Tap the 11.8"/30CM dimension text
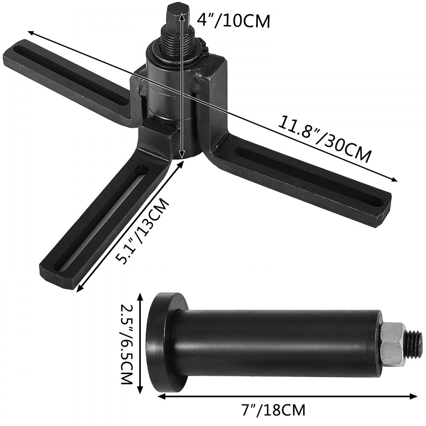pyautogui.click(x=324, y=138)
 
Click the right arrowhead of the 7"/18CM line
pyautogui.click(x=415, y=396)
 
